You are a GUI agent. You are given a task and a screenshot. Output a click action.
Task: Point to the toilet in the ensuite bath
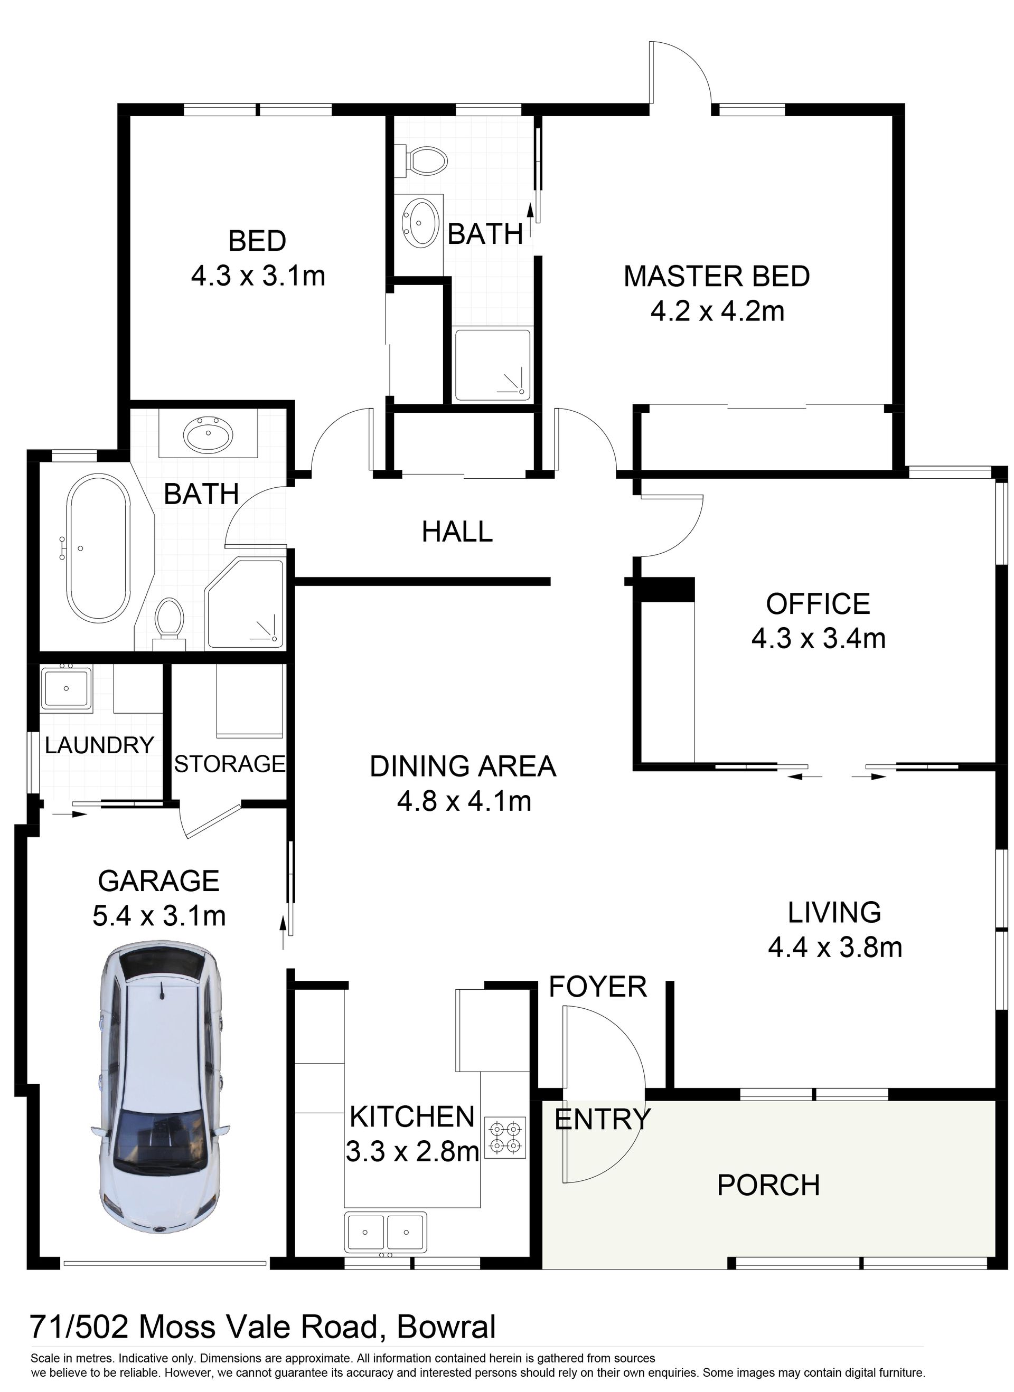tap(422, 161)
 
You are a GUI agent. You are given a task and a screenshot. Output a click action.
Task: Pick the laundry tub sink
tap(65, 688)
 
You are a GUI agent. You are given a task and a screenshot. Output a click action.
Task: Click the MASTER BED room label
tap(717, 276)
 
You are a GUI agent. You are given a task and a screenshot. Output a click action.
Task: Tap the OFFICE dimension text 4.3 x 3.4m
tap(819, 639)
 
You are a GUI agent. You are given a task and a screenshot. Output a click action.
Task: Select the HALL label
tap(457, 531)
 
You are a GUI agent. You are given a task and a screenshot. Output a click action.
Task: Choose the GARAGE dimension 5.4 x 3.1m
tap(159, 916)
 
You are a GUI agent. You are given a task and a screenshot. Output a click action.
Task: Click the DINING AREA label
tap(463, 766)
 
